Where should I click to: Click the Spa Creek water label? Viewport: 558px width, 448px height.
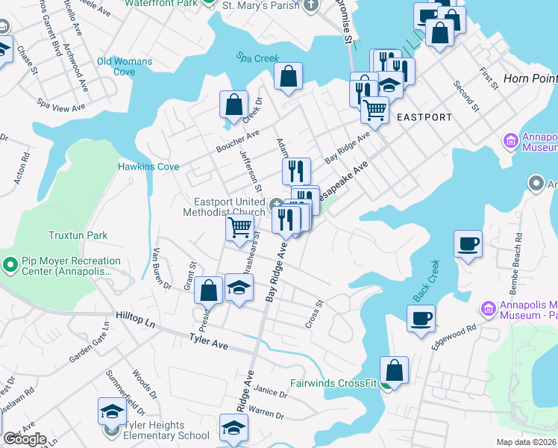coord(257,57)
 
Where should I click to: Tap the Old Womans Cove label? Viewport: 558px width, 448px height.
coord(125,66)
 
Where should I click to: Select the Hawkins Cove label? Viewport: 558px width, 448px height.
coord(148,167)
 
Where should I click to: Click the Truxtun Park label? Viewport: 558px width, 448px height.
coord(78,235)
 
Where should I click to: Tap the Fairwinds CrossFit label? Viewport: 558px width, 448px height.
coord(334,388)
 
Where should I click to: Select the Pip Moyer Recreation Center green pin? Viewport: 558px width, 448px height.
coord(10,264)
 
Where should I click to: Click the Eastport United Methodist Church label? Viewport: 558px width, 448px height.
coord(229,207)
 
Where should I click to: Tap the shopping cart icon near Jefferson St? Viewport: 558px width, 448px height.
coord(239,226)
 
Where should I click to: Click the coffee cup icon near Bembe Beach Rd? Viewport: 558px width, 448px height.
coord(468,243)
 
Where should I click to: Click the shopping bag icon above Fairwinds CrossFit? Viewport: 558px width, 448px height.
coord(394,370)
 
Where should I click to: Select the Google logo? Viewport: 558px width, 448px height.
coord(25,439)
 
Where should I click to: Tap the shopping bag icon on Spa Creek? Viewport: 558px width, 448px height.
coord(288,76)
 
